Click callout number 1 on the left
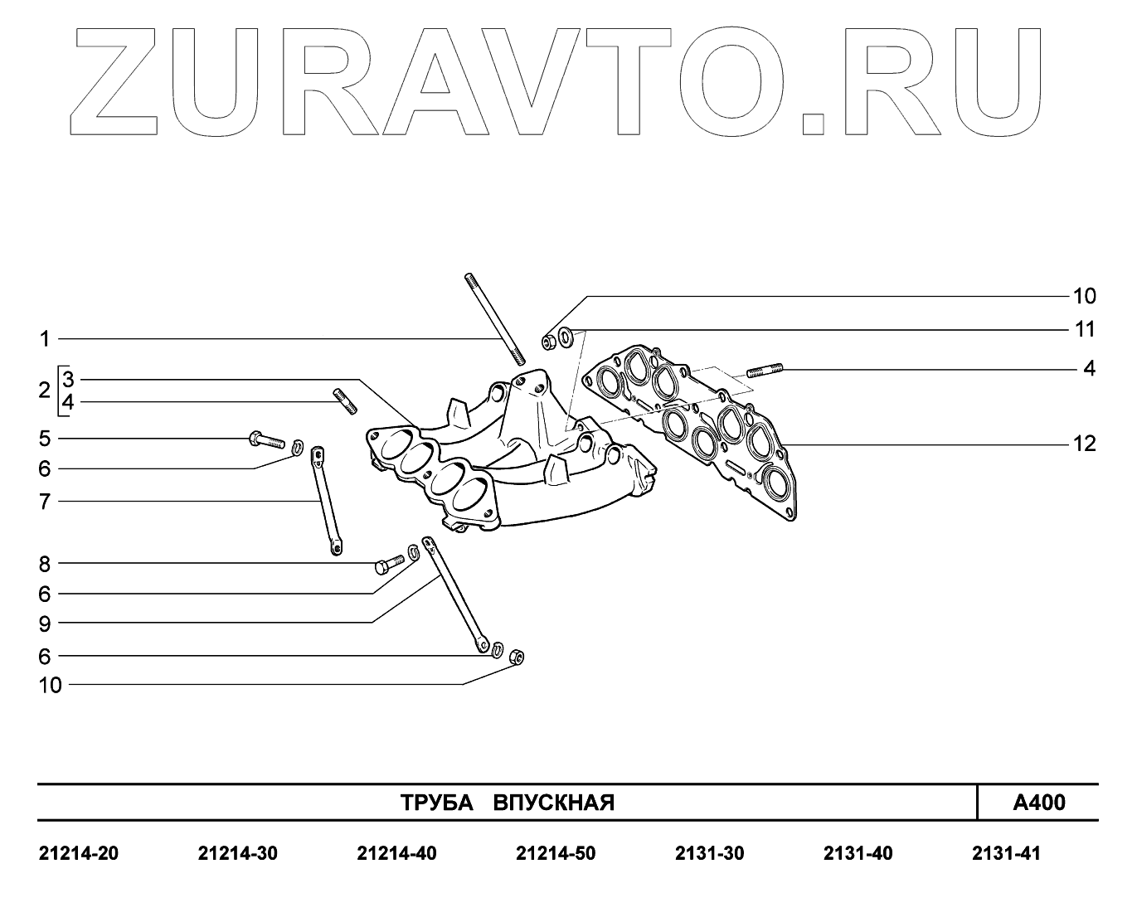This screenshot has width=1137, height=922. (45, 339)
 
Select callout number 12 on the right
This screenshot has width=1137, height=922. (1084, 444)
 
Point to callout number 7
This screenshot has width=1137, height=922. (45, 502)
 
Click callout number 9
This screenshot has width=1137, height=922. (45, 624)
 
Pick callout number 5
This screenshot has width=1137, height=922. (45, 438)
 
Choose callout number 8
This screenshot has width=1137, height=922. (45, 564)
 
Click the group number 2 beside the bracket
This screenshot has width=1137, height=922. (45, 391)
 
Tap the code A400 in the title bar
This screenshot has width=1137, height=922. (1039, 803)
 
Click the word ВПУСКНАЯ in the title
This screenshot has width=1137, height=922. (554, 803)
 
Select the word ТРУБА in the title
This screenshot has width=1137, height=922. (436, 803)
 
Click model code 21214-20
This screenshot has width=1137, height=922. (79, 853)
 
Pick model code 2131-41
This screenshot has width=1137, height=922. (1005, 853)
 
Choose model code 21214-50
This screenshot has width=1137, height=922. (555, 853)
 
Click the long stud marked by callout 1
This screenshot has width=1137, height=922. (494, 318)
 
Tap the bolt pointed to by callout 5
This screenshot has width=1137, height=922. (265, 439)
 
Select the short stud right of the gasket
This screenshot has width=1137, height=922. (765, 370)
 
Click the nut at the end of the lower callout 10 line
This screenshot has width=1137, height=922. (516, 657)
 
